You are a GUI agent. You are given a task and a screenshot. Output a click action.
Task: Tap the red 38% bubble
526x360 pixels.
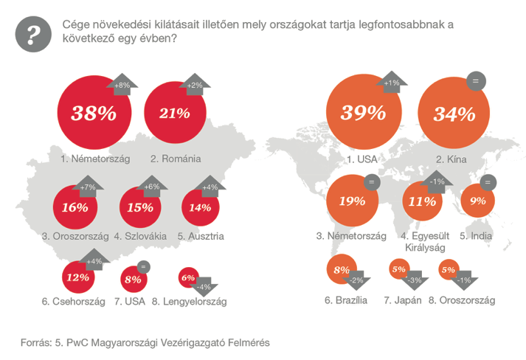pyautogui.click(x=91, y=113)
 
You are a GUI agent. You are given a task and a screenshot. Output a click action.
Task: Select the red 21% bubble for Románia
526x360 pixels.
pyautogui.click(x=173, y=113)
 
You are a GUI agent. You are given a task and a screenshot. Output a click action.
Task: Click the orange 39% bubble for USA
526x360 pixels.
pyautogui.click(x=361, y=113)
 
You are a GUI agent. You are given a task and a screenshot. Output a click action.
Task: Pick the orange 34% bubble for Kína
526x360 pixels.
pyautogui.click(x=453, y=114)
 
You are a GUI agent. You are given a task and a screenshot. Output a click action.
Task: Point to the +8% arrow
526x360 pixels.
pyautogui.click(x=122, y=85)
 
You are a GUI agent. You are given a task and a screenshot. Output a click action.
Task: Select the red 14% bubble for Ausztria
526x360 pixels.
pyautogui.click(x=201, y=207)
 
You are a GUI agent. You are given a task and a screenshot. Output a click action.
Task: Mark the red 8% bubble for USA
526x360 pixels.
pyautogui.click(x=134, y=280)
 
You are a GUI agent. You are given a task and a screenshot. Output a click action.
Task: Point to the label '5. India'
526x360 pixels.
pyautogui.click(x=476, y=236)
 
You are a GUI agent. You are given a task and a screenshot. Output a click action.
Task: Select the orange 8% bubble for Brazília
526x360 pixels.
pyautogui.click(x=342, y=271)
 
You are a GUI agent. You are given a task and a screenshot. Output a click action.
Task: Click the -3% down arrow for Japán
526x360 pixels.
pyautogui.click(x=415, y=280)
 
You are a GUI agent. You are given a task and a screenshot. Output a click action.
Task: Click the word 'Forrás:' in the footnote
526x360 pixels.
pyautogui.click(x=36, y=342)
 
